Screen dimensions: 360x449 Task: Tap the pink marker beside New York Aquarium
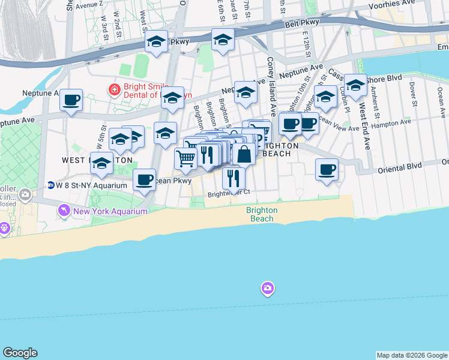click(x=63, y=211)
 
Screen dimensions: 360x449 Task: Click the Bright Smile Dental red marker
click(x=113, y=90)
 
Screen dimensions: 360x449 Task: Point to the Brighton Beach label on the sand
click(x=262, y=214)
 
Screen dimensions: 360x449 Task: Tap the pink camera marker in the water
click(x=268, y=289)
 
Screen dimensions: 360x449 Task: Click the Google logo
click(x=20, y=353)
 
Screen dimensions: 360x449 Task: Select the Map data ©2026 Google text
click(x=411, y=355)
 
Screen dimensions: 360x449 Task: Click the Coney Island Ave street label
click(x=271, y=87)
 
